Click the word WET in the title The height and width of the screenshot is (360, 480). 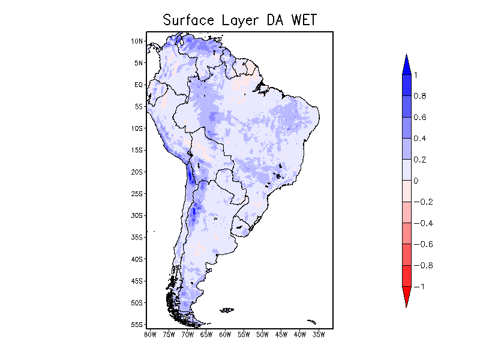tap(304, 20)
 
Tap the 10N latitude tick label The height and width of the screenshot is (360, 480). tap(137, 41)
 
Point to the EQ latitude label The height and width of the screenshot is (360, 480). tap(138, 85)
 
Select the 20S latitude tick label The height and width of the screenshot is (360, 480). tap(137, 172)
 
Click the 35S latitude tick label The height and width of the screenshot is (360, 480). tap(137, 237)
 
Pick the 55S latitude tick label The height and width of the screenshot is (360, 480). tap(137, 325)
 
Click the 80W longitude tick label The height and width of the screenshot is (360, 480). tap(150, 334)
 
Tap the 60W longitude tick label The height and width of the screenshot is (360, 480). tap(225, 334)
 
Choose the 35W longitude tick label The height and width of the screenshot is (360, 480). tap(319, 334)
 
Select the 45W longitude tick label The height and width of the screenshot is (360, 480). tap(281, 334)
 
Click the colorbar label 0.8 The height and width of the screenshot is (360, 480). tap(419, 96)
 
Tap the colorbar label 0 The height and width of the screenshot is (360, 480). tap(416, 181)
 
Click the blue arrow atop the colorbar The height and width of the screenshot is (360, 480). tap(406, 64)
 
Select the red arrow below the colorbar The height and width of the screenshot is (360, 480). tap(406, 296)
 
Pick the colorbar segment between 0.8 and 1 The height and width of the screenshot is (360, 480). tap(406, 85)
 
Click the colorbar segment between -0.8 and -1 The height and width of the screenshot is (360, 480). tap(406, 275)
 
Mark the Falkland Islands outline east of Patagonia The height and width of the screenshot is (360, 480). tap(227, 310)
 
